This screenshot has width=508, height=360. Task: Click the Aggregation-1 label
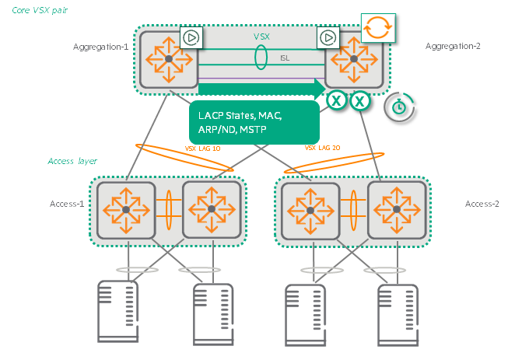click(x=101, y=47)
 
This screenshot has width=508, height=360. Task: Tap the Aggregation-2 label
click(x=453, y=47)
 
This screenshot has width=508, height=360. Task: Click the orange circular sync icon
click(x=379, y=27)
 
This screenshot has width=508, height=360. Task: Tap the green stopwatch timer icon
click(x=398, y=107)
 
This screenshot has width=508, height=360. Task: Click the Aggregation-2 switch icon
click(x=353, y=58)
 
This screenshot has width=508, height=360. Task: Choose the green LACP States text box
click(x=254, y=121)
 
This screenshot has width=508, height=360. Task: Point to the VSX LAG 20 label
click(x=321, y=147)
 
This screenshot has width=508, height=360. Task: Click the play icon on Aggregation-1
click(x=191, y=37)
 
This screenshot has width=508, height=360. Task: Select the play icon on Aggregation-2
click(x=328, y=37)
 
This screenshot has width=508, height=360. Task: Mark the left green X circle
click(x=336, y=100)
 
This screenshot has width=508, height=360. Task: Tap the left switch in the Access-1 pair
click(x=124, y=210)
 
